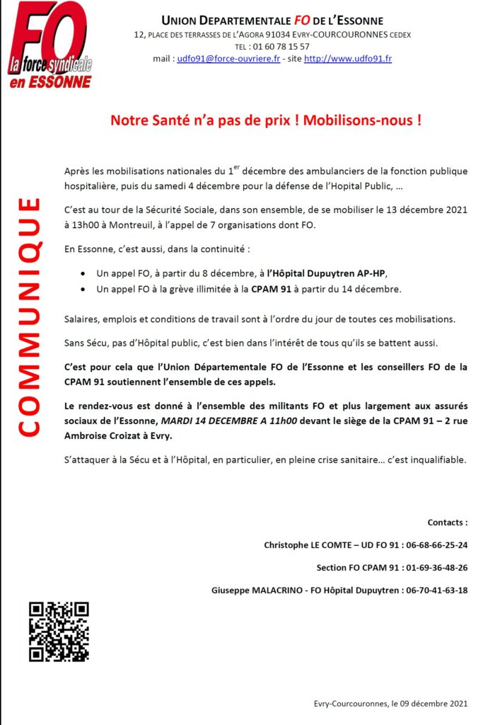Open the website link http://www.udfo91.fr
coord(347,59)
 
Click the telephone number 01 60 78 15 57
coord(282,47)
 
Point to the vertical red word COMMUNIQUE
coord(28,317)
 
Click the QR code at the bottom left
coord(59,632)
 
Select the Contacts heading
coord(447,523)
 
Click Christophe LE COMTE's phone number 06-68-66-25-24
coord(432,545)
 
